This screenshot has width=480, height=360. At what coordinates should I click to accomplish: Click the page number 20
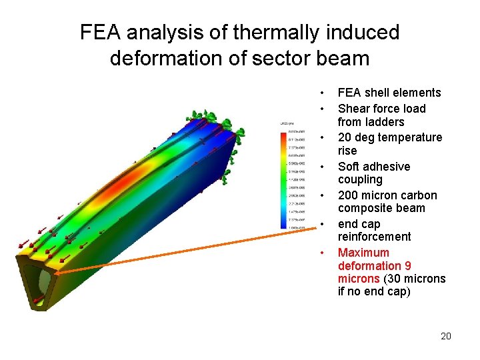[x=446, y=336]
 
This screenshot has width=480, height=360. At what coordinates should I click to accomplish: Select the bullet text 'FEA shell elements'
[x=389, y=93]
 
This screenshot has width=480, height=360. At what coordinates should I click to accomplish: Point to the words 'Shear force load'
[x=381, y=108]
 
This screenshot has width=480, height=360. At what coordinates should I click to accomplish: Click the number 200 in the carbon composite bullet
[x=348, y=195]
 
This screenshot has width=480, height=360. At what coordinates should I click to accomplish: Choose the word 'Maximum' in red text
[x=363, y=253]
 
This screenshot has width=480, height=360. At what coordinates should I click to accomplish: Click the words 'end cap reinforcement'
[x=374, y=231]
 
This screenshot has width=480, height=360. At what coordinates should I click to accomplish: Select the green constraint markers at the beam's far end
[x=210, y=120]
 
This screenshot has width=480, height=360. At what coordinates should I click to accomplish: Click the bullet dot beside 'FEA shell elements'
[x=321, y=93]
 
